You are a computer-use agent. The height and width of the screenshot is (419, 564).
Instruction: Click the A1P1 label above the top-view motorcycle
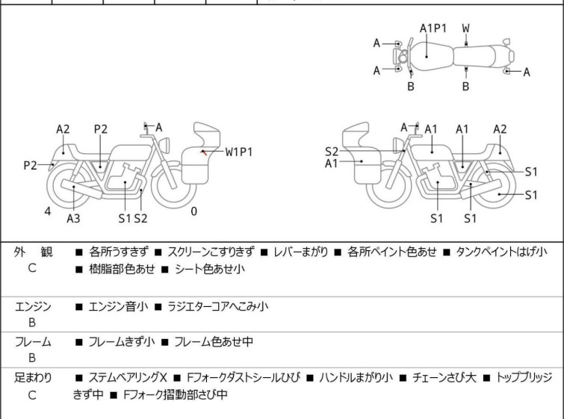pyautogui.click(x=433, y=28)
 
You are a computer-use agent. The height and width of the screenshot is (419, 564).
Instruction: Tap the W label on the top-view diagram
pyautogui.click(x=465, y=28)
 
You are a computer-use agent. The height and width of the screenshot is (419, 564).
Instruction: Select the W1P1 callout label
pyautogui.click(x=239, y=152)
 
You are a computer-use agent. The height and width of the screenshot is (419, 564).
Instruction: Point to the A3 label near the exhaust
pyautogui.click(x=73, y=218)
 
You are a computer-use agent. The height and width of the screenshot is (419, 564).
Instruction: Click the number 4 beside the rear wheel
pyautogui.click(x=48, y=211)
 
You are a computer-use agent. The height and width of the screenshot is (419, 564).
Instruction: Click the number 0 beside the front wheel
pyautogui.click(x=193, y=211)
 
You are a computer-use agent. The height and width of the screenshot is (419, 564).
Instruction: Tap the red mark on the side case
pyautogui.click(x=203, y=152)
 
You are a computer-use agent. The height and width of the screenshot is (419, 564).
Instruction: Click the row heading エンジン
pyautogui.click(x=33, y=305)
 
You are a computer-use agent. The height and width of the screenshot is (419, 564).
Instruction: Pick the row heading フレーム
pyautogui.click(x=33, y=341)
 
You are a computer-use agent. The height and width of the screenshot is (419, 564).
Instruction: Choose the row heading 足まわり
pyautogui.click(x=33, y=377)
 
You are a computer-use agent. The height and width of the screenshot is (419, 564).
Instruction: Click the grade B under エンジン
pyautogui.click(x=32, y=322)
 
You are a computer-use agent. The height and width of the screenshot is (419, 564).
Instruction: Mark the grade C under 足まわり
pyautogui.click(x=32, y=394)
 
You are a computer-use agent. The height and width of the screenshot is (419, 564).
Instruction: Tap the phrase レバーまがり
pyautogui.click(x=299, y=252)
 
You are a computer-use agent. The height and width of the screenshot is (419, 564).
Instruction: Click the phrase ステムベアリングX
pyautogui.click(x=129, y=377)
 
